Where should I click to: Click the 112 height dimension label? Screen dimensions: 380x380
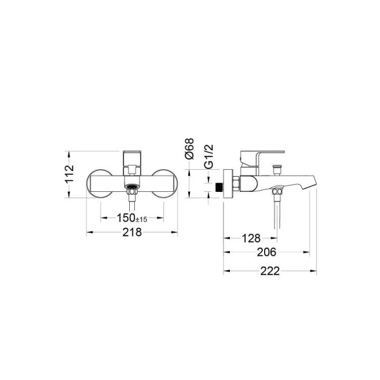(70, 174)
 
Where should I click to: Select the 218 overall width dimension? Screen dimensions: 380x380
(132, 232)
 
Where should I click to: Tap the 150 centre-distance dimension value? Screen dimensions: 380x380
(126, 218)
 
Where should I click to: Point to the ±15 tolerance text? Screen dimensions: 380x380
(141, 219)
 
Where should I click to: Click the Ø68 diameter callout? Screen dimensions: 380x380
(189, 148)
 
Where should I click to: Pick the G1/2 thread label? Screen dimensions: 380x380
(209, 156)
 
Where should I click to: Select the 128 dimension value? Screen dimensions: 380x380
(251, 238)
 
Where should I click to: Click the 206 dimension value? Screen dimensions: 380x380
(267, 252)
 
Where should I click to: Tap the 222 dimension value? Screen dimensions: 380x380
(270, 271)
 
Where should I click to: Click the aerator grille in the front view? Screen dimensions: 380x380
(132, 187)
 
